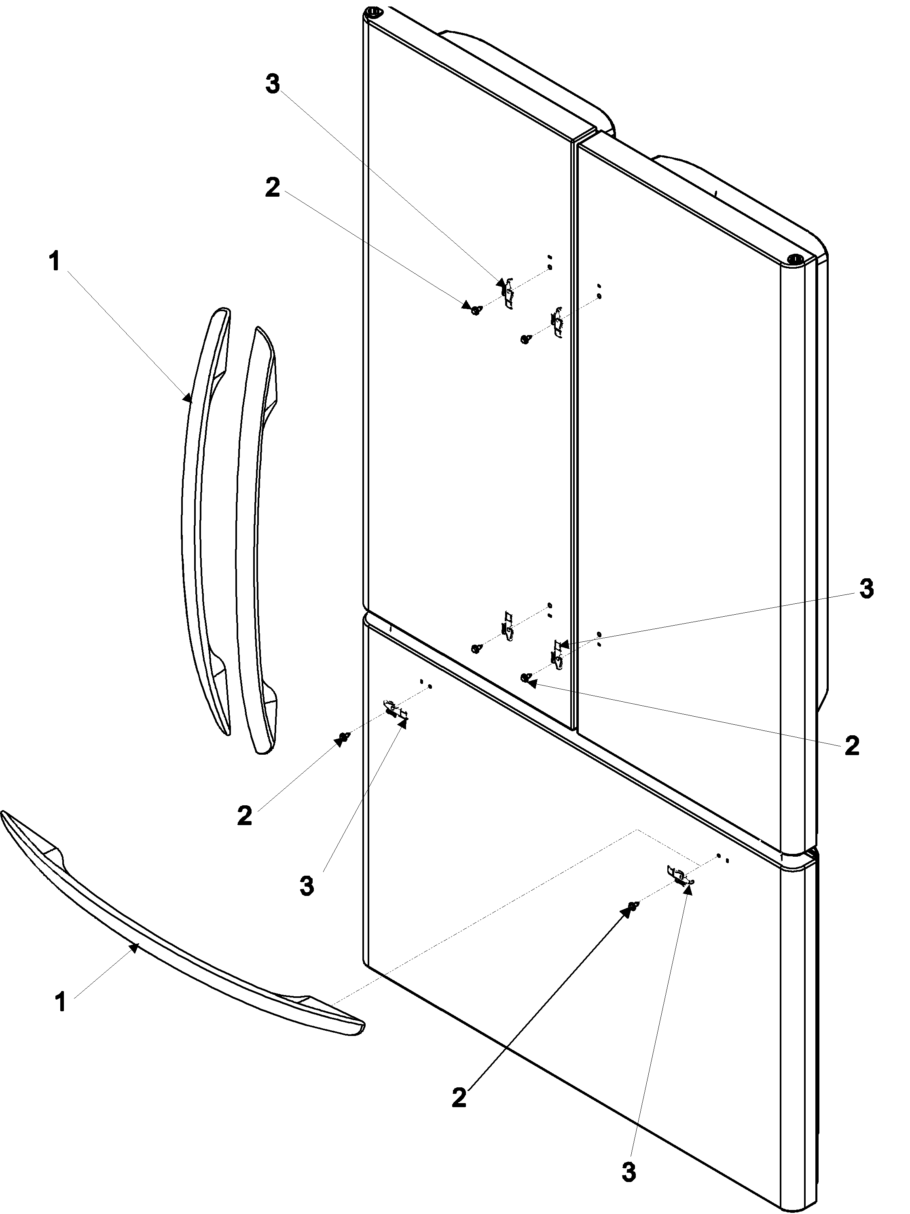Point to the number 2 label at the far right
[x=851, y=746]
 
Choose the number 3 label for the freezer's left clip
[x=307, y=886]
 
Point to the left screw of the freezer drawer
[x=344, y=737]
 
